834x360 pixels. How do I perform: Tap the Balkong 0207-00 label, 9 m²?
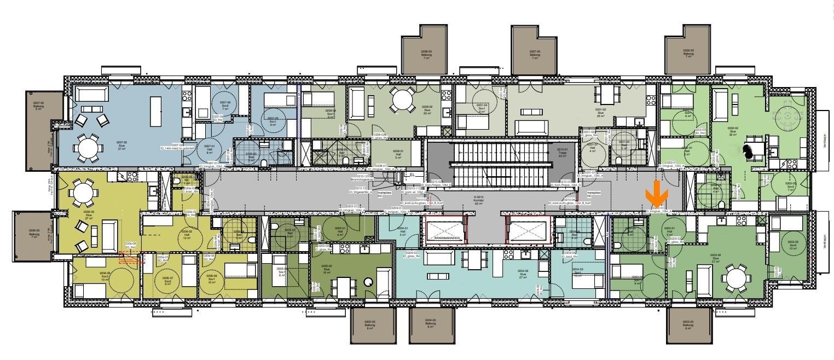(x=38, y=106)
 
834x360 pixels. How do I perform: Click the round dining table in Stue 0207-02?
(x=88, y=147)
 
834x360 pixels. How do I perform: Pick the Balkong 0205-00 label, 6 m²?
(x=370, y=326)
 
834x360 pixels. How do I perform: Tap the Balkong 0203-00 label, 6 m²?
(x=688, y=326)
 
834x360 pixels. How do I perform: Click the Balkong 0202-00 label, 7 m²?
(x=688, y=53)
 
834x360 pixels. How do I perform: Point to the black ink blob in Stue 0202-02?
(x=748, y=149)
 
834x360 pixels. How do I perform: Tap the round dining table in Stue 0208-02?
(x=402, y=100)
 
